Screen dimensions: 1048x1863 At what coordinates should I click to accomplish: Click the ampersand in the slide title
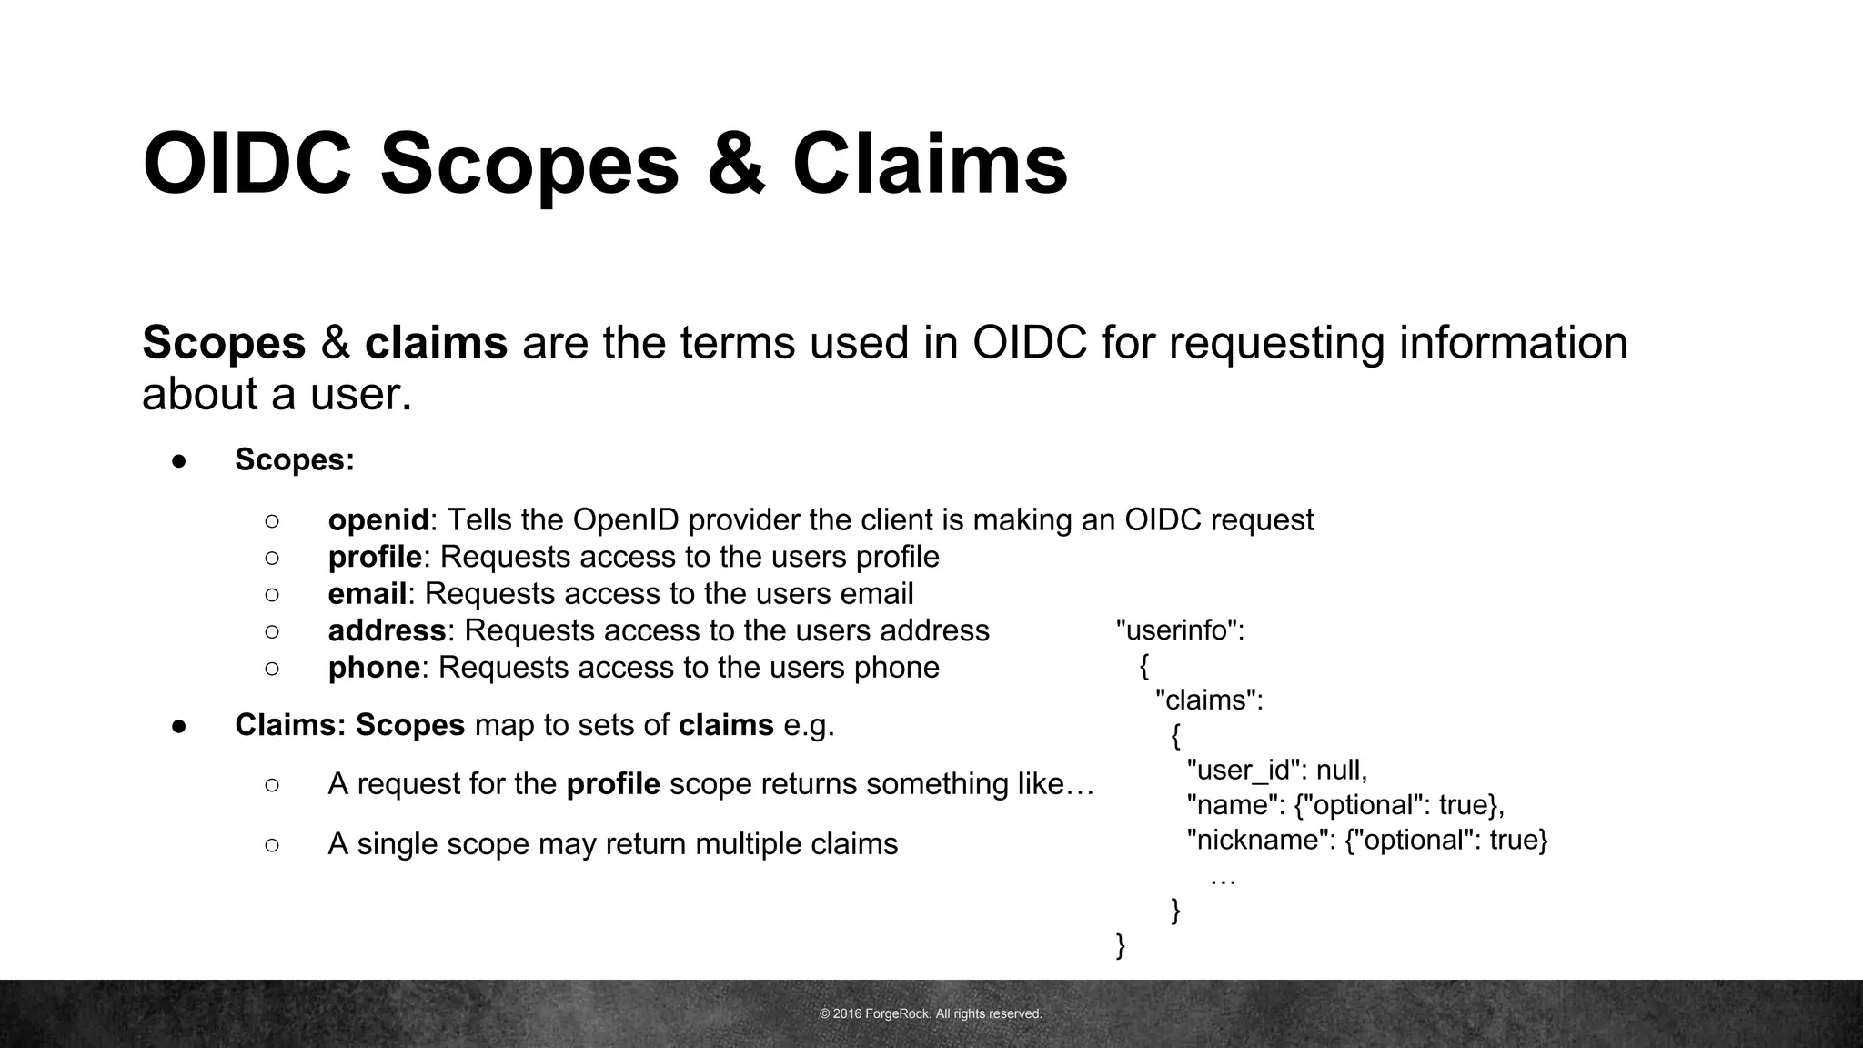[736, 165]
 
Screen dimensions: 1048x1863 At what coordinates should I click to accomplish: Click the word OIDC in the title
[247, 165]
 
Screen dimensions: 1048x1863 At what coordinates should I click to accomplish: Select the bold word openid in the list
[378, 520]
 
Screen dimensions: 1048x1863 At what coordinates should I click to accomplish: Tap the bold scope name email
[367, 594]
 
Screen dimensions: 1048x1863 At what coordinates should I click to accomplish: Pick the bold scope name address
[387, 630]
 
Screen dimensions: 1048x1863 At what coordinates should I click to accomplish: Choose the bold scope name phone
[374, 668]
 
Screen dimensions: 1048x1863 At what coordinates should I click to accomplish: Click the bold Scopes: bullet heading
[295, 460]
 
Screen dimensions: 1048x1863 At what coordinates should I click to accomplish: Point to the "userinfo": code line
[1180, 630]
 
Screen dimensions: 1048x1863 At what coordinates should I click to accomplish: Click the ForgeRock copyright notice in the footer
[931, 1013]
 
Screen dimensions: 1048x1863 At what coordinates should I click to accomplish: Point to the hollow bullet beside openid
[272, 520]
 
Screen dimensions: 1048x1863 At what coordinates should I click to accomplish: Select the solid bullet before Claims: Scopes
[179, 726]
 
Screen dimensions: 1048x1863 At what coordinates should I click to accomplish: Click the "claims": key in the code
[1209, 700]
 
